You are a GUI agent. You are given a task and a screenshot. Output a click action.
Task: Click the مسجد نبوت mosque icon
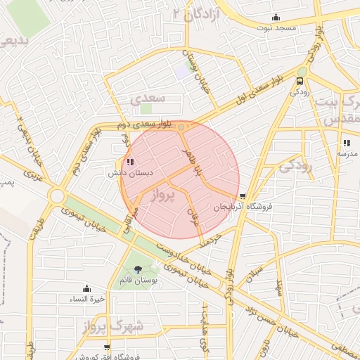tap(276, 18)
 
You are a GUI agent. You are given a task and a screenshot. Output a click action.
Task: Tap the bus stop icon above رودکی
tap(300, 80)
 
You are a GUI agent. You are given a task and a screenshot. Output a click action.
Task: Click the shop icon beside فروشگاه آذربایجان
tap(243, 196)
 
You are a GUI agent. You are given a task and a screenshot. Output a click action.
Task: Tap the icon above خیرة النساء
tap(86, 288)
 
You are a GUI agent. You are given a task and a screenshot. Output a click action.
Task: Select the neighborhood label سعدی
tap(148, 98)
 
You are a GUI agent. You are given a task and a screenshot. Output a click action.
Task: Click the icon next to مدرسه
tap(346, 143)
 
